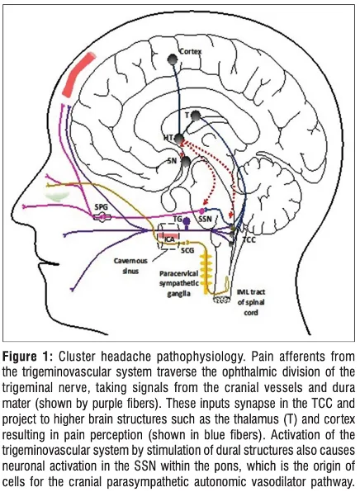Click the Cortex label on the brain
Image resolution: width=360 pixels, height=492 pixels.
coord(190,51)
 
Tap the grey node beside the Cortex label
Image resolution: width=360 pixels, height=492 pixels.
coord(173,59)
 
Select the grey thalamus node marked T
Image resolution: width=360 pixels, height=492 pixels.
coord(195,116)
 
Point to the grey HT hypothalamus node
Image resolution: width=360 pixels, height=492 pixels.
coord(179,139)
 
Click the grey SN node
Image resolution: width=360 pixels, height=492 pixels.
coord(186,162)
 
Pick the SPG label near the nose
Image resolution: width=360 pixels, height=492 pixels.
coord(101,206)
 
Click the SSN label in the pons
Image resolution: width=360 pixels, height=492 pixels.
coord(206,219)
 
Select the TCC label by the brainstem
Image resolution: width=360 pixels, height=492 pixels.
coord(249,240)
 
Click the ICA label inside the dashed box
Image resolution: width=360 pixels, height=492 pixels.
coord(169,240)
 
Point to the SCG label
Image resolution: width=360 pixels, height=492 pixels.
coord(187,250)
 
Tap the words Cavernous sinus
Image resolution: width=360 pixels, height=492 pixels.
coord(130,266)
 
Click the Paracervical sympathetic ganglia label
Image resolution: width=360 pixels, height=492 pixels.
coord(179,283)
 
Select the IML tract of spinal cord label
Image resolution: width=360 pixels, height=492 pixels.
coord(251,302)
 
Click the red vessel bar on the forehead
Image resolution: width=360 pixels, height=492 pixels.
coord(78,74)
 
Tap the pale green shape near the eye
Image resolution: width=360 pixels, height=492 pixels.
coord(57,196)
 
